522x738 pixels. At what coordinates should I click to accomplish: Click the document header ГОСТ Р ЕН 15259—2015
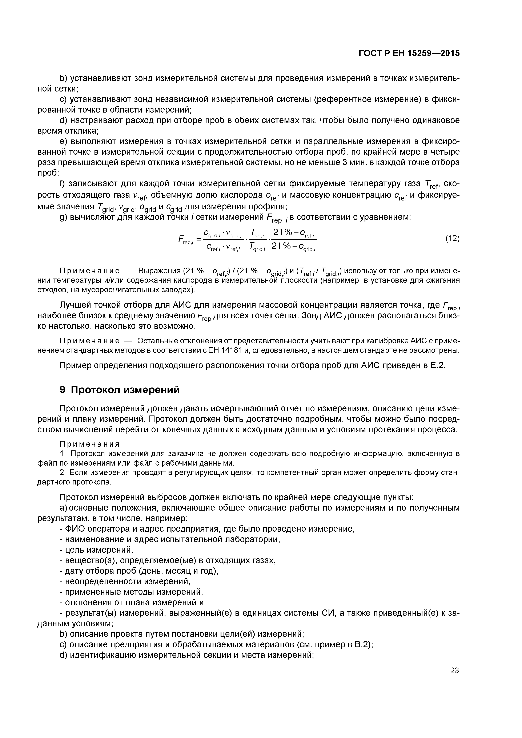[409, 53]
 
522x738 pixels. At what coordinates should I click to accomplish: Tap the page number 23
[454, 670]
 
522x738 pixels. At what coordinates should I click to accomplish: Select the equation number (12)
[452, 239]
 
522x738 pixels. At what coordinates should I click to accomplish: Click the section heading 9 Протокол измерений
[120, 390]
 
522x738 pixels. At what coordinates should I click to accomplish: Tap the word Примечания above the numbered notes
[90, 444]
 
